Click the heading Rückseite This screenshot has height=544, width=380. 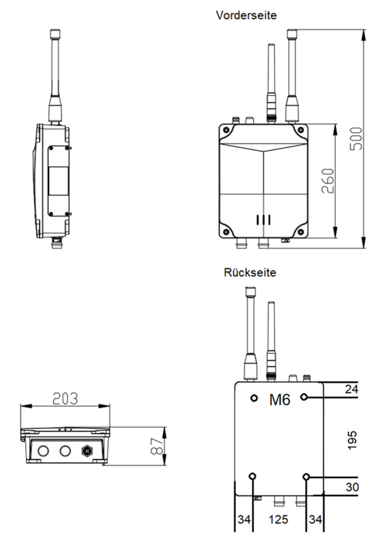click(x=250, y=272)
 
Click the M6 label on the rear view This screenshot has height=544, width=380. click(x=278, y=400)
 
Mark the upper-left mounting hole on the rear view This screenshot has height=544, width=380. click(x=254, y=397)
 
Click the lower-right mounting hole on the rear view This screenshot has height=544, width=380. click(x=306, y=477)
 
